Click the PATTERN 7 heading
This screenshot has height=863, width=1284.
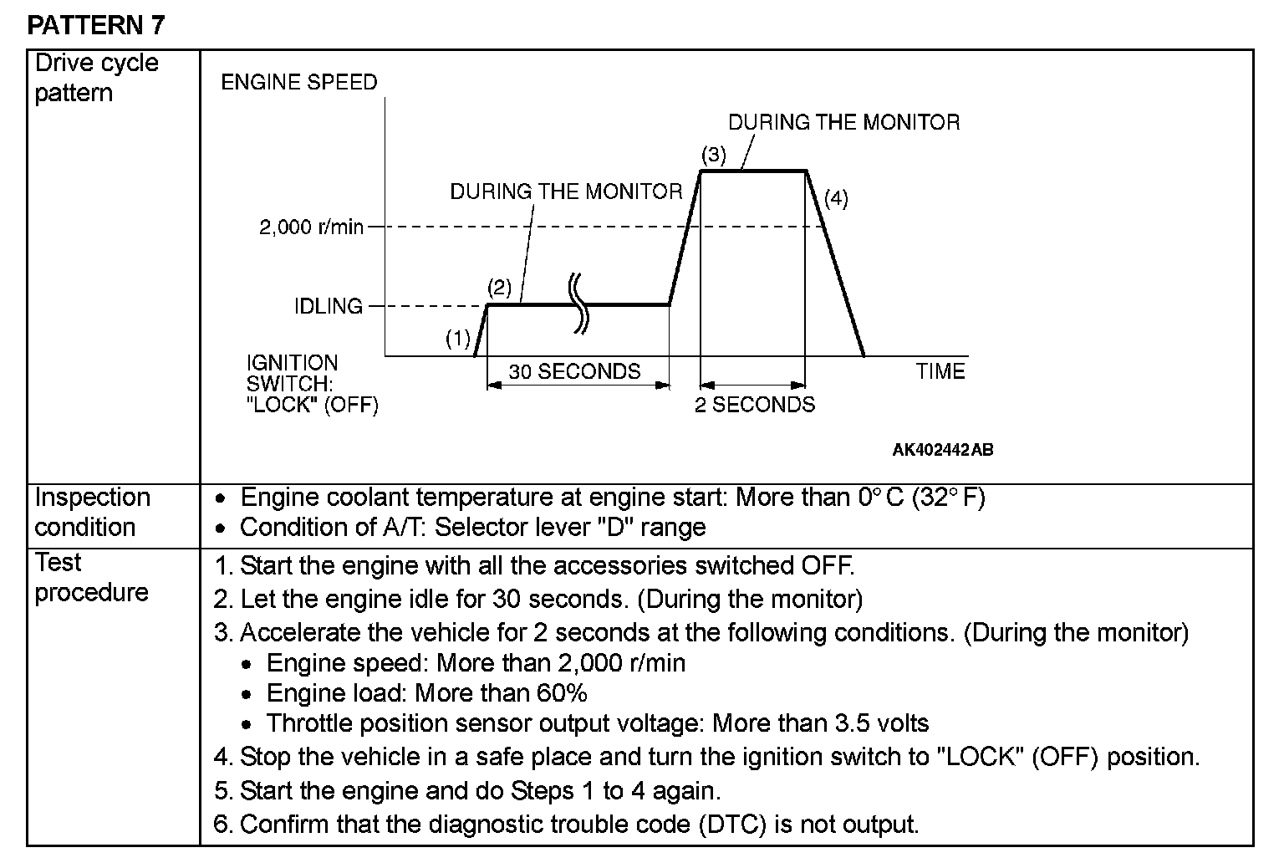96,25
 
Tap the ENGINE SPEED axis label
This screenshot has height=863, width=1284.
299,82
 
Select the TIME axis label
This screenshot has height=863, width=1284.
940,371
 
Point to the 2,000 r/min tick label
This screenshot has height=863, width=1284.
311,227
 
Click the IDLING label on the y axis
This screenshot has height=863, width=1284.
329,306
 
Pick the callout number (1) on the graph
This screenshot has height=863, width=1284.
458,339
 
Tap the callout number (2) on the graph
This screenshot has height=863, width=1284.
499,289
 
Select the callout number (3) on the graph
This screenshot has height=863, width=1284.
714,155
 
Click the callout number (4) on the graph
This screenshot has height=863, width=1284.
836,199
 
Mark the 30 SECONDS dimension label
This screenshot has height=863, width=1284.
574,371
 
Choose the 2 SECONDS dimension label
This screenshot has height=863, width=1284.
755,405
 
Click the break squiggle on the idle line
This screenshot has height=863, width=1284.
578,304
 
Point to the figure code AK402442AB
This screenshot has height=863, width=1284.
943,450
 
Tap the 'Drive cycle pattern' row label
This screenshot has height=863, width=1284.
96,78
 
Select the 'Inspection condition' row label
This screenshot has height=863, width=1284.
92,512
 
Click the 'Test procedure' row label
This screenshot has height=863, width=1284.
91,577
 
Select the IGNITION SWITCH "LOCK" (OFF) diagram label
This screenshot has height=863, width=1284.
312,384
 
